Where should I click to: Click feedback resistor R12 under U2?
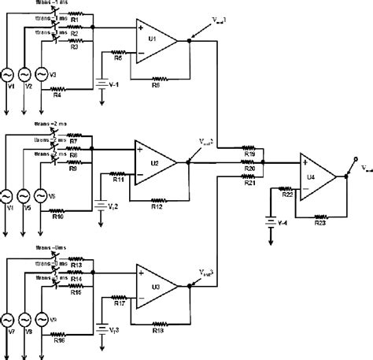pyautogui.click(x=156, y=206)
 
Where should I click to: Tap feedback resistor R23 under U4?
pyautogui.click(x=319, y=222)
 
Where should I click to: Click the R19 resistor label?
pyautogui.click(x=249, y=154)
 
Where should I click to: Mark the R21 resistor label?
pyautogui.click(x=249, y=184)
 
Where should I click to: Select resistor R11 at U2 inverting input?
pyautogui.click(x=120, y=180)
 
